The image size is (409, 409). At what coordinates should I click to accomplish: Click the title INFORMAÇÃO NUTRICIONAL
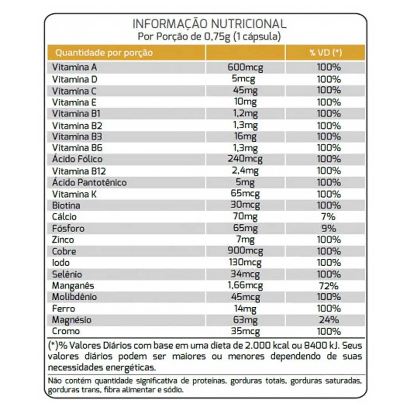(210, 24)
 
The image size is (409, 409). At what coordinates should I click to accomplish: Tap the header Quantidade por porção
(104, 52)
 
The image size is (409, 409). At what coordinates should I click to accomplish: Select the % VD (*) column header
(325, 52)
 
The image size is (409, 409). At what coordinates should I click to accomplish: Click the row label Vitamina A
(75, 67)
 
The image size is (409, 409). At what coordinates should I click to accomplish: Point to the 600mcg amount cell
(245, 68)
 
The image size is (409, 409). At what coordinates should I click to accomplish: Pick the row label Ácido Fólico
(77, 159)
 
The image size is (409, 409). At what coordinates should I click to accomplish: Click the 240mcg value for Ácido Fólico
(245, 159)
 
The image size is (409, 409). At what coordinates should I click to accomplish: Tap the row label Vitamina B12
(79, 171)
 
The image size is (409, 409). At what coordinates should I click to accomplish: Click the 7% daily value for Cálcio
(328, 217)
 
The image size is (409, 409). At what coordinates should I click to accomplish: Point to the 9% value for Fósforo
(329, 228)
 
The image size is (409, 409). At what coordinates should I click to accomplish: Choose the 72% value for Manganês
(329, 286)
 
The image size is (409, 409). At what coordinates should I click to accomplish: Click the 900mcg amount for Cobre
(245, 251)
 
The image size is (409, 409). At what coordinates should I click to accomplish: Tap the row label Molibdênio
(75, 297)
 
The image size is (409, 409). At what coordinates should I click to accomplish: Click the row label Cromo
(66, 331)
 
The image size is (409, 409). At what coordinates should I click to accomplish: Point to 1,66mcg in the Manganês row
(245, 286)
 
